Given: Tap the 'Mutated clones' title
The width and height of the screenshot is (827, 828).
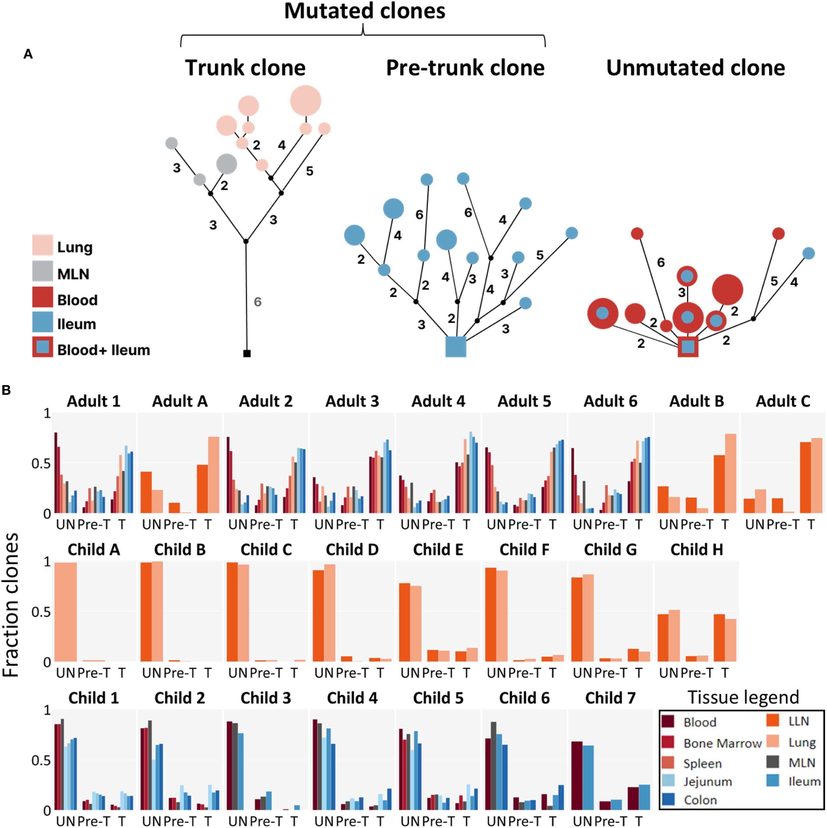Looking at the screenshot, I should (364, 11).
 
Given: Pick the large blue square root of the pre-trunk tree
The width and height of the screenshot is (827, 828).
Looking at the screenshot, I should (455, 346).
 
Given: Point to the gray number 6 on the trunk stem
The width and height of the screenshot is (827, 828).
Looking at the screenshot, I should (257, 302).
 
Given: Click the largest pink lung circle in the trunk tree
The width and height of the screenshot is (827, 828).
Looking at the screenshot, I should (305, 101).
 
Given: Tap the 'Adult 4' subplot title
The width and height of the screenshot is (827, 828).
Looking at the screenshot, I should (438, 402).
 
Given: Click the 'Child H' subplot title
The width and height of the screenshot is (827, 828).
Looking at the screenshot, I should (696, 550).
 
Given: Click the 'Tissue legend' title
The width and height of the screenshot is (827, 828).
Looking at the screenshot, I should (743, 697).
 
